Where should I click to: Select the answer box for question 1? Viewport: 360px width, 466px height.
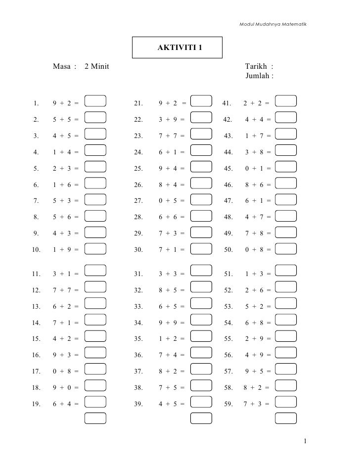tap(95, 101)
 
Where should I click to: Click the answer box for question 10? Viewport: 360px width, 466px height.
tap(95, 248)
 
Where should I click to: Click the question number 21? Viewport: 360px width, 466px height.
tap(138, 103)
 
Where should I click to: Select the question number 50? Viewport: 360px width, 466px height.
tap(228, 250)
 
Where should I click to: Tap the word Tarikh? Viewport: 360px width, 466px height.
tap(256, 67)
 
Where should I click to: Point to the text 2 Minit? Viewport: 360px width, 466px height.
tap(97, 67)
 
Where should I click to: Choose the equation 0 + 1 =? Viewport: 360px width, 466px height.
tap(258, 169)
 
